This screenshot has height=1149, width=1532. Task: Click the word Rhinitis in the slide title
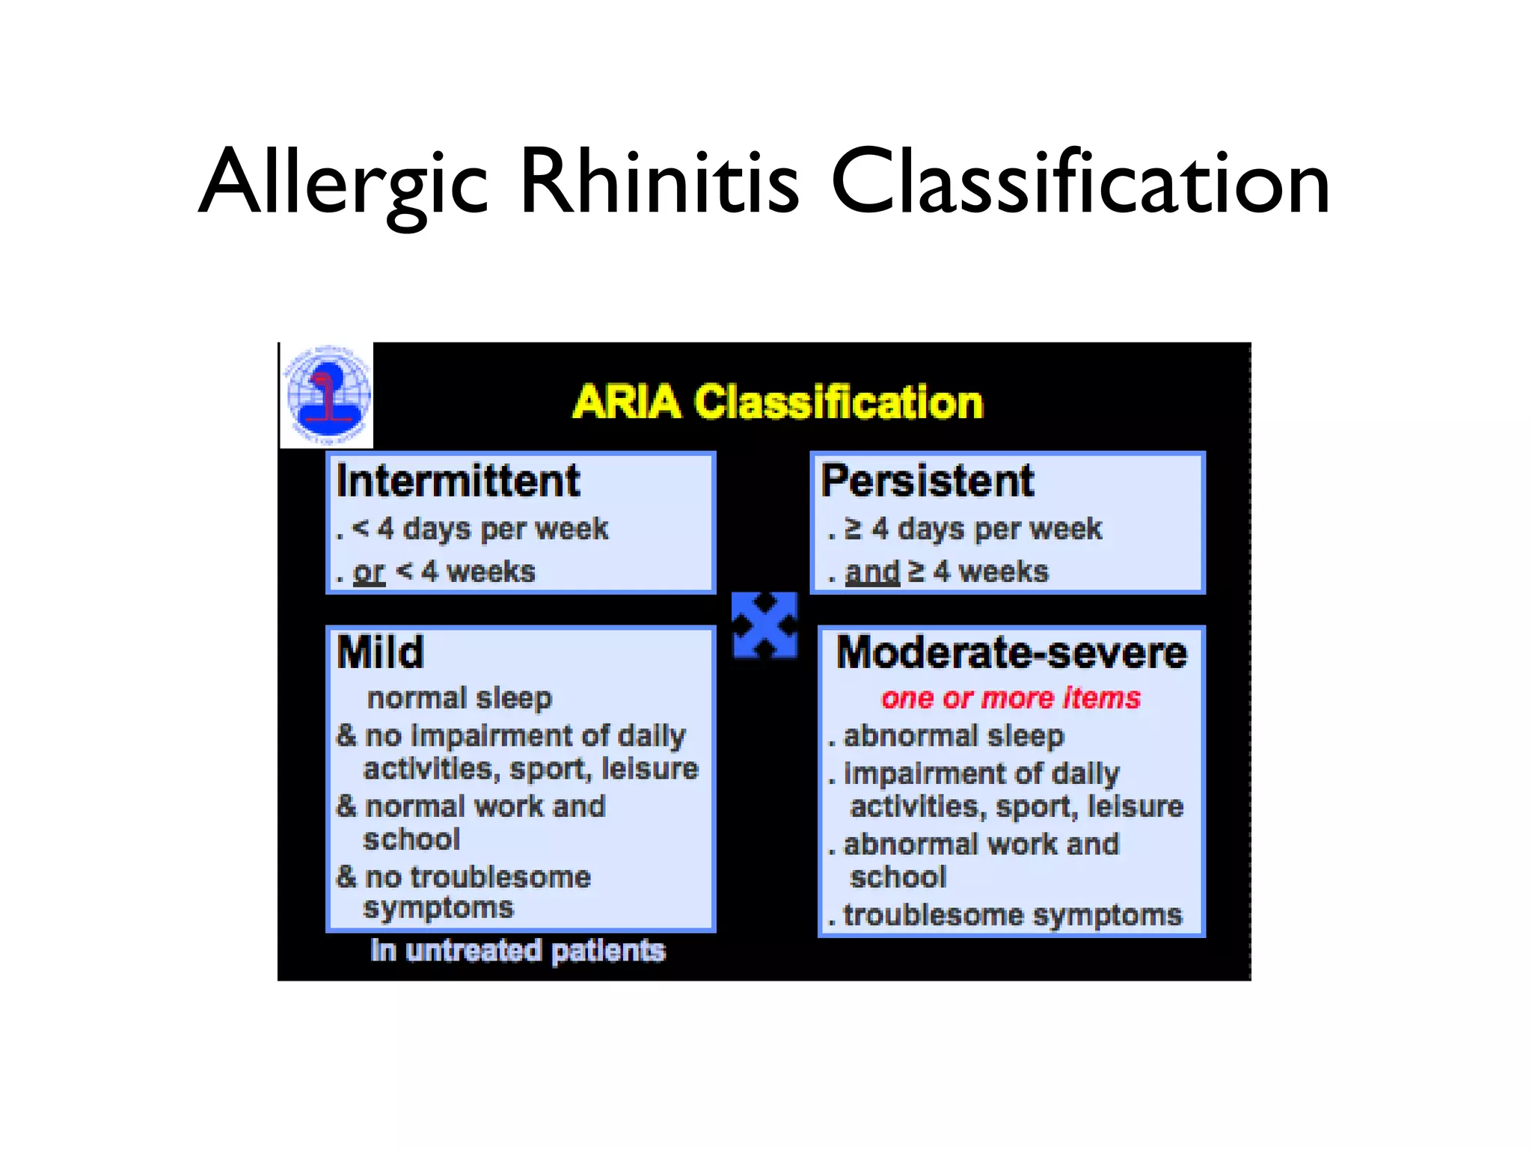[x=658, y=183]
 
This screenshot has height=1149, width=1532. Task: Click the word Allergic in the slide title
[x=344, y=183]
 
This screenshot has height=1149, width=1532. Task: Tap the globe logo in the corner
[x=328, y=395]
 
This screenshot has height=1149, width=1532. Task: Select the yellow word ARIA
[x=627, y=402]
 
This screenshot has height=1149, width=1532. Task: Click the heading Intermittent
[x=458, y=480]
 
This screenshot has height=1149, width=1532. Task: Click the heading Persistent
[x=928, y=480]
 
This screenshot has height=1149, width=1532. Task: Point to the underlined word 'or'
[x=369, y=572]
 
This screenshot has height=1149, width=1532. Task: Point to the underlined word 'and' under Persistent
[x=871, y=572]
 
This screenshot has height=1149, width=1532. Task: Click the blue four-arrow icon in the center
[x=764, y=625]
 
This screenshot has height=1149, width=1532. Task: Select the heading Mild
[x=380, y=652]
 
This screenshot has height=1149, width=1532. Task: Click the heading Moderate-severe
[x=1011, y=652]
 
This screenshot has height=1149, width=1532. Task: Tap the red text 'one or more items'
[x=1011, y=698]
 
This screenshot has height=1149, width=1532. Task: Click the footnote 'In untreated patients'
[x=518, y=951]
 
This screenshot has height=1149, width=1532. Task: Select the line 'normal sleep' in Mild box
[x=459, y=698]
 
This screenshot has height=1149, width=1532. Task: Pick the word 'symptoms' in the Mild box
[x=438, y=908]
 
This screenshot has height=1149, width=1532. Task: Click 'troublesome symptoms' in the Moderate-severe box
[x=1012, y=916]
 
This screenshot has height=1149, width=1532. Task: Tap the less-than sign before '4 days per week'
[x=361, y=528]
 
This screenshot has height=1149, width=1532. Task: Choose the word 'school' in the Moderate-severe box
[x=898, y=877]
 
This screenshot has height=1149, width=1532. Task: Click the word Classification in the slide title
[x=1081, y=183]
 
